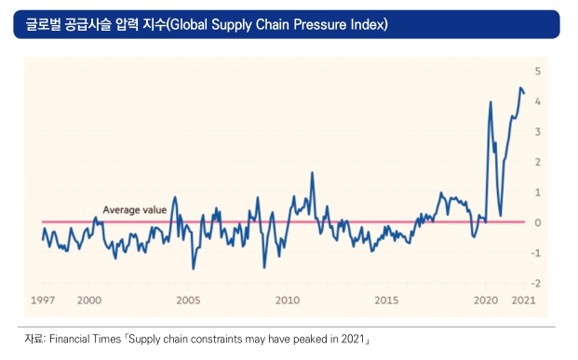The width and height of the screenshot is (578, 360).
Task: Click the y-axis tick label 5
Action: [537, 71]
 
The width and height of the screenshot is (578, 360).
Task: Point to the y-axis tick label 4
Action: [537, 101]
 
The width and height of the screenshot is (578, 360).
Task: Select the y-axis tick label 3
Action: [537, 131]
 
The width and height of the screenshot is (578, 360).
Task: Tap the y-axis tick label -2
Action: [536, 283]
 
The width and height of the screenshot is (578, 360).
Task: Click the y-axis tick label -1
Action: [536, 253]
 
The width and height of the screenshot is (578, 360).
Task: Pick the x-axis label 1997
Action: [43, 300]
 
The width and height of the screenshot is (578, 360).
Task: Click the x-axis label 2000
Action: [89, 300]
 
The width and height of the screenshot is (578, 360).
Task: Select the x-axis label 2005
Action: [188, 300]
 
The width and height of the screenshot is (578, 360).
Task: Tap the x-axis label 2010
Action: [288, 300]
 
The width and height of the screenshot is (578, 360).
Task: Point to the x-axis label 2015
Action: [386, 300]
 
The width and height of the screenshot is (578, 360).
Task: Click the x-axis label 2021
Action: [523, 300]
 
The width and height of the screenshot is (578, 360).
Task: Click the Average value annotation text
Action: [135, 210]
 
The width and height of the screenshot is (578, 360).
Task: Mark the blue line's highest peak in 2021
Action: [520, 87]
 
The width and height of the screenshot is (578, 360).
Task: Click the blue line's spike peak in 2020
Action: [491, 101]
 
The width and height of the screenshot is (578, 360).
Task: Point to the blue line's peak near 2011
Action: [312, 172]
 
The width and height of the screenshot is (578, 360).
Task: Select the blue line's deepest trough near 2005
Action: [194, 269]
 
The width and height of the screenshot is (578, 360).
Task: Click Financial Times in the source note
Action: [85, 339]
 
